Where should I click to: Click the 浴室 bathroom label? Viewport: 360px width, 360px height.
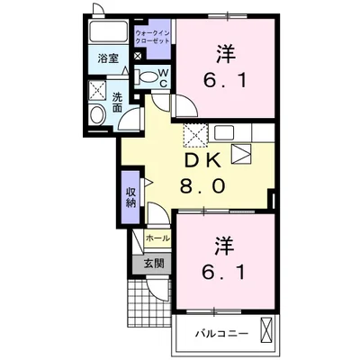[x=106, y=60]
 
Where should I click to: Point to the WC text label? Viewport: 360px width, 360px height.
[x=164, y=77]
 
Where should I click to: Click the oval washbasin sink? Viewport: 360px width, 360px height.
[x=98, y=115]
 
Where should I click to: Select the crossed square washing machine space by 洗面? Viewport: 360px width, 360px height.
[x=96, y=91]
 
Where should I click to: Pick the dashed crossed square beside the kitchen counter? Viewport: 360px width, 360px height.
[x=195, y=136]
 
